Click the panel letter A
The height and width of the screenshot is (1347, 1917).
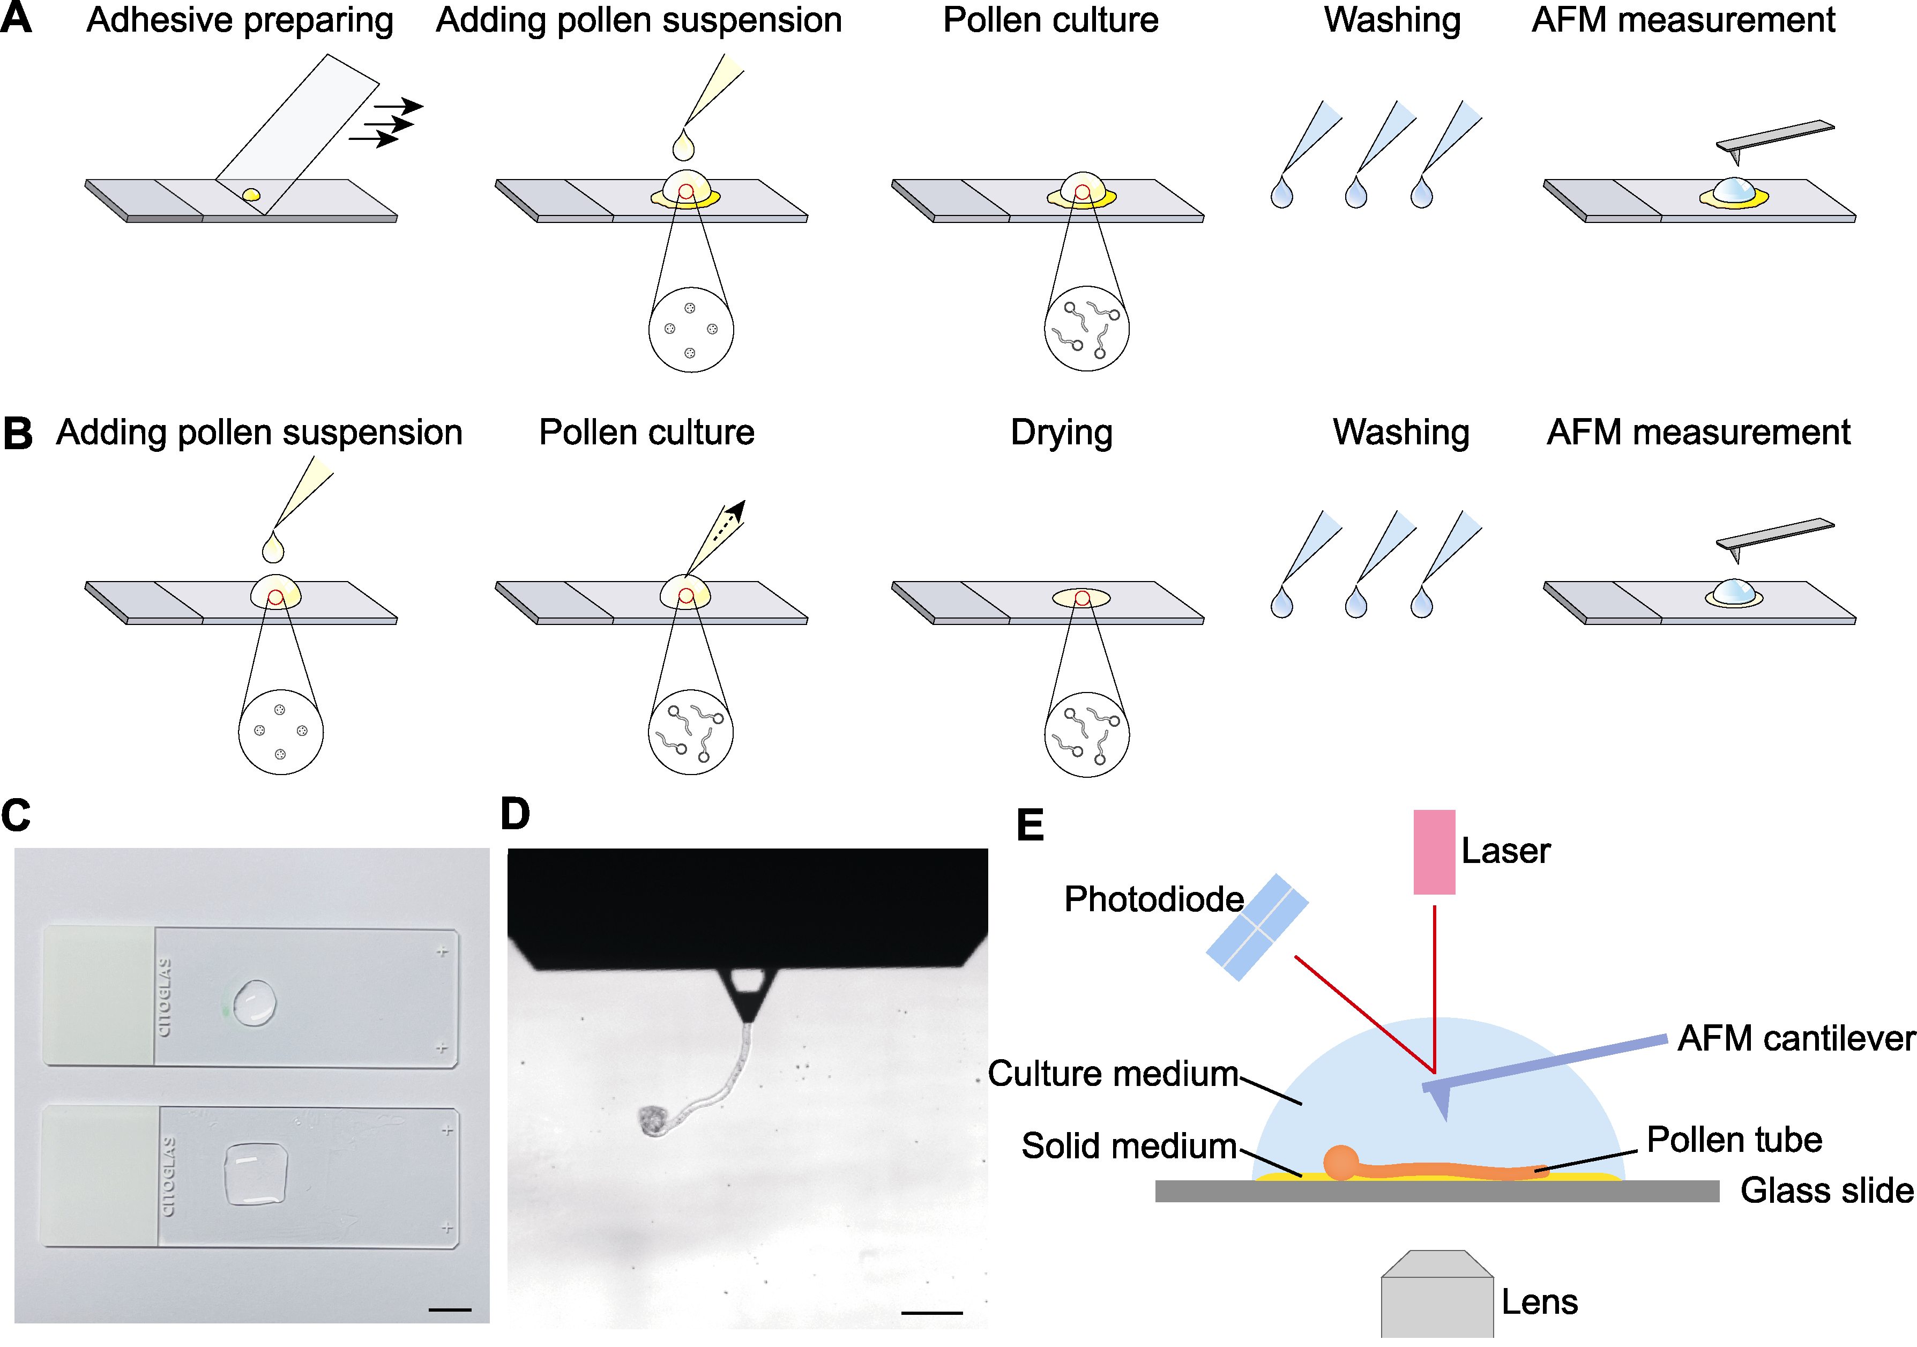click(17, 18)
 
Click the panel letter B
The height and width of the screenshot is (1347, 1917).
click(18, 434)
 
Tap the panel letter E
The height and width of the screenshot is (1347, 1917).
click(1030, 825)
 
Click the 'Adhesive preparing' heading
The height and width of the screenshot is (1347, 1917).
click(240, 21)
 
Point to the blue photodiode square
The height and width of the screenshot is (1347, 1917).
click(1257, 927)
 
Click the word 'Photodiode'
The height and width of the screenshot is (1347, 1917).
click(1154, 899)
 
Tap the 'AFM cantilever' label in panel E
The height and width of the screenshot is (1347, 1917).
click(1796, 1038)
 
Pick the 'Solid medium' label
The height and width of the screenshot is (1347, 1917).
click(1129, 1146)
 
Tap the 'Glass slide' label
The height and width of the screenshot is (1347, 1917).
click(1827, 1190)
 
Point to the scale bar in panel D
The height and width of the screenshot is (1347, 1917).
click(932, 1313)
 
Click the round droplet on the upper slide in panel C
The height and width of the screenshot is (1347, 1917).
click(255, 1002)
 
